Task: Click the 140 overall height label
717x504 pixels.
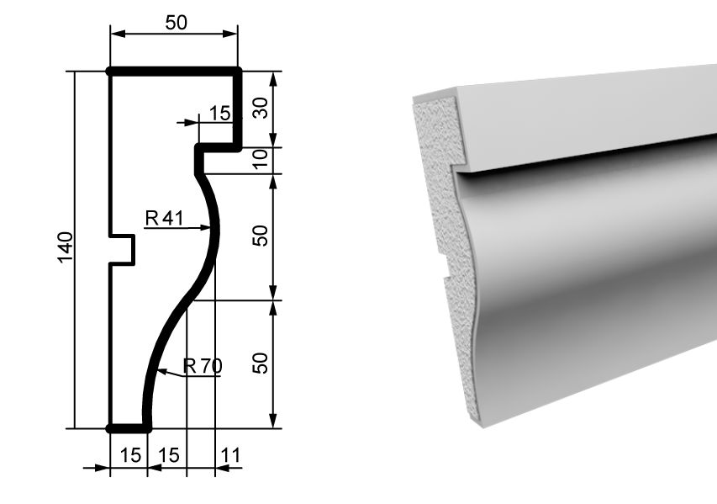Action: click(x=66, y=247)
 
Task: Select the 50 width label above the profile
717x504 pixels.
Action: click(x=176, y=23)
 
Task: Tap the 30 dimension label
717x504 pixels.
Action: click(x=261, y=108)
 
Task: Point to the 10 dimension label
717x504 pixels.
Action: click(x=261, y=159)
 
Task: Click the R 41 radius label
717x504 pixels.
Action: click(x=165, y=218)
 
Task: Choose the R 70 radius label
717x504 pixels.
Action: click(x=203, y=366)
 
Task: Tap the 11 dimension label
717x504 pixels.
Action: click(x=230, y=455)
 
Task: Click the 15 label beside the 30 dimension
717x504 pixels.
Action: click(x=220, y=113)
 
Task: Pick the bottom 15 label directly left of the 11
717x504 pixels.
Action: click(x=168, y=455)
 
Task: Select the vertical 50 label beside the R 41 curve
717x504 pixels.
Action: click(x=261, y=236)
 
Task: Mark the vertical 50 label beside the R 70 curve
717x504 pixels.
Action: click(x=261, y=363)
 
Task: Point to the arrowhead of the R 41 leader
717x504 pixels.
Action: click(x=206, y=227)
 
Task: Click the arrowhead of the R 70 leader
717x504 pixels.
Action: click(x=161, y=371)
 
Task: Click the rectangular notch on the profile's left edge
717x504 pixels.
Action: click(x=123, y=250)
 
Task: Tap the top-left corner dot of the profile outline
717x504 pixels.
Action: click(x=110, y=72)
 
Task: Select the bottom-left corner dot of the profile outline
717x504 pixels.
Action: click(x=110, y=428)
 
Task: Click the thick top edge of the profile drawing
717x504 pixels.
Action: click(x=174, y=72)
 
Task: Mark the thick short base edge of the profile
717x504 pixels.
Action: click(x=129, y=428)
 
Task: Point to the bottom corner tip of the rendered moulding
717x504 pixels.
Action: click(x=484, y=427)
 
